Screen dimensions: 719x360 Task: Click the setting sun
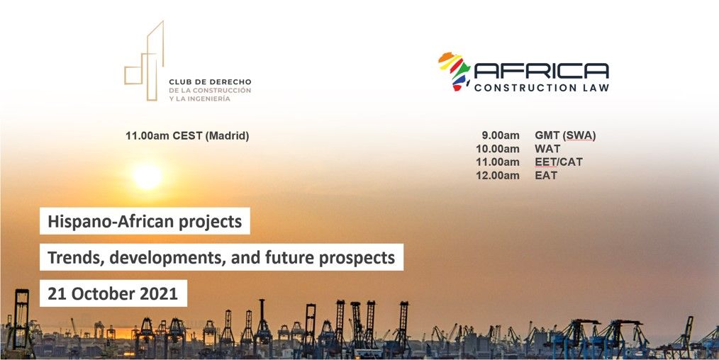pos(147,176)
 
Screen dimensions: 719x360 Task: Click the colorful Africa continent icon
pos(454,72)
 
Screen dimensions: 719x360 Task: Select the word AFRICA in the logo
pos(541,71)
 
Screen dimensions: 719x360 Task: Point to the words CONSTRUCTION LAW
pos(542,87)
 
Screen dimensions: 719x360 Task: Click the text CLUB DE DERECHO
pos(210,82)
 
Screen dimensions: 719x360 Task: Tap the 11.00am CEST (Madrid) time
pos(187,136)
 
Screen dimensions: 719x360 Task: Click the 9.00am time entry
pos(501,135)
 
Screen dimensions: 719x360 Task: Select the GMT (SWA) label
pos(565,135)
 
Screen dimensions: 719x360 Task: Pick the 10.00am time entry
pos(498,149)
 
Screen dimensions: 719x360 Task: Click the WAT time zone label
pos(547,149)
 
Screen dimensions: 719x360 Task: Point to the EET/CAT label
pos(559,162)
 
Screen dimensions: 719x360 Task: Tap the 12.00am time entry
pos(498,176)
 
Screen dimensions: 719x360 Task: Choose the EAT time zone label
pos(546,176)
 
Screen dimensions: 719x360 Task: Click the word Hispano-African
pos(110,222)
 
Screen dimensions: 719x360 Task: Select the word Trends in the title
pos(72,258)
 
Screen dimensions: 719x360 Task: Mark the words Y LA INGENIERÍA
pos(199,99)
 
